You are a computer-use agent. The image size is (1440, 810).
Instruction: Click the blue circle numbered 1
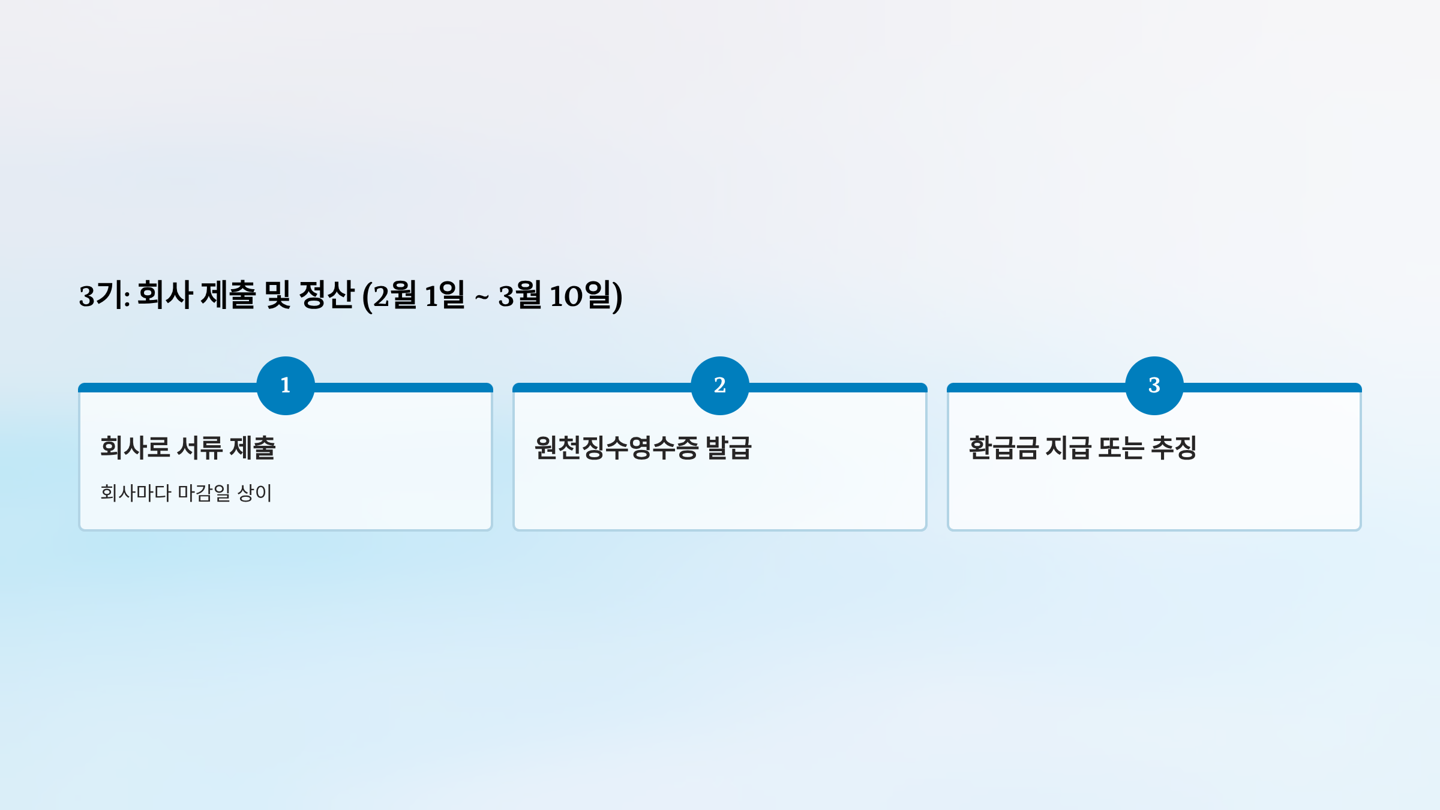pyautogui.click(x=286, y=385)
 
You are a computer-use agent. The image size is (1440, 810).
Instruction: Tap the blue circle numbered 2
pyautogui.click(x=720, y=385)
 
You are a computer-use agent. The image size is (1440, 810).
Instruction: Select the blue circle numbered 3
pyautogui.click(x=1154, y=385)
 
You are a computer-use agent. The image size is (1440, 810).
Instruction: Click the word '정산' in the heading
pyautogui.click(x=326, y=295)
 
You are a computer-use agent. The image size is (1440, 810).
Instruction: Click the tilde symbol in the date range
pyautogui.click(x=482, y=296)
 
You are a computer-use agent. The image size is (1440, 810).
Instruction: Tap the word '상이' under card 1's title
pyautogui.click(x=255, y=493)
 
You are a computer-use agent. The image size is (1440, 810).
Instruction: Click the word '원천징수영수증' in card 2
pyautogui.click(x=616, y=448)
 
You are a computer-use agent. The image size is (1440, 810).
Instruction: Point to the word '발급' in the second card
pyautogui.click(x=728, y=448)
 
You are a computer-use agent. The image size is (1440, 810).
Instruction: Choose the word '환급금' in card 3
pyautogui.click(x=1003, y=448)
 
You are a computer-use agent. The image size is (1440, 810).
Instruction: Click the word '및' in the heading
pyautogui.click(x=278, y=295)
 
